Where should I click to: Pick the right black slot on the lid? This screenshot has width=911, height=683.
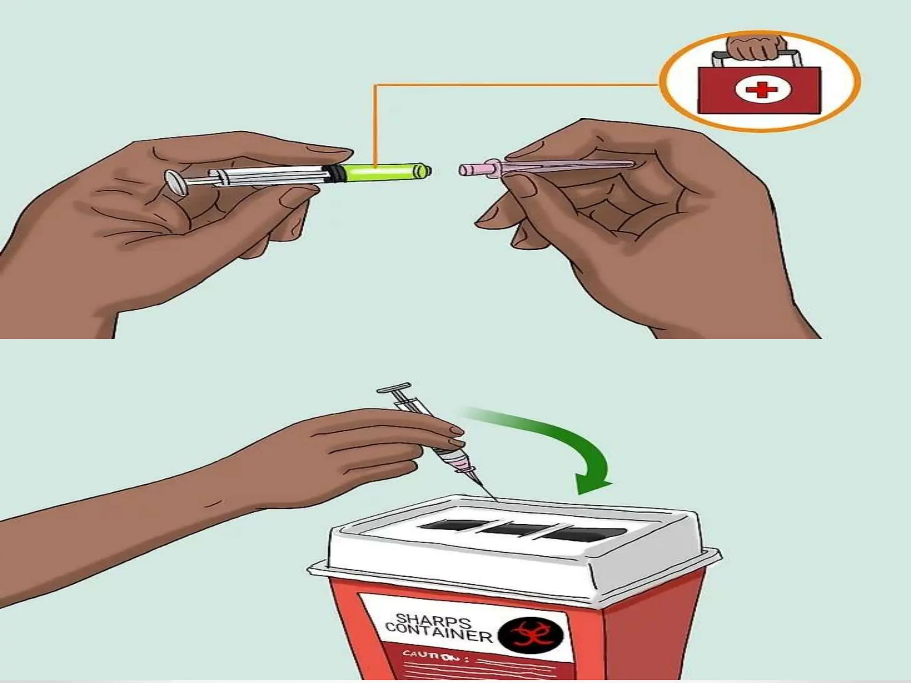coord(583,534)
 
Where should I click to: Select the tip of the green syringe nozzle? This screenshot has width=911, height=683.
coord(428,170)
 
